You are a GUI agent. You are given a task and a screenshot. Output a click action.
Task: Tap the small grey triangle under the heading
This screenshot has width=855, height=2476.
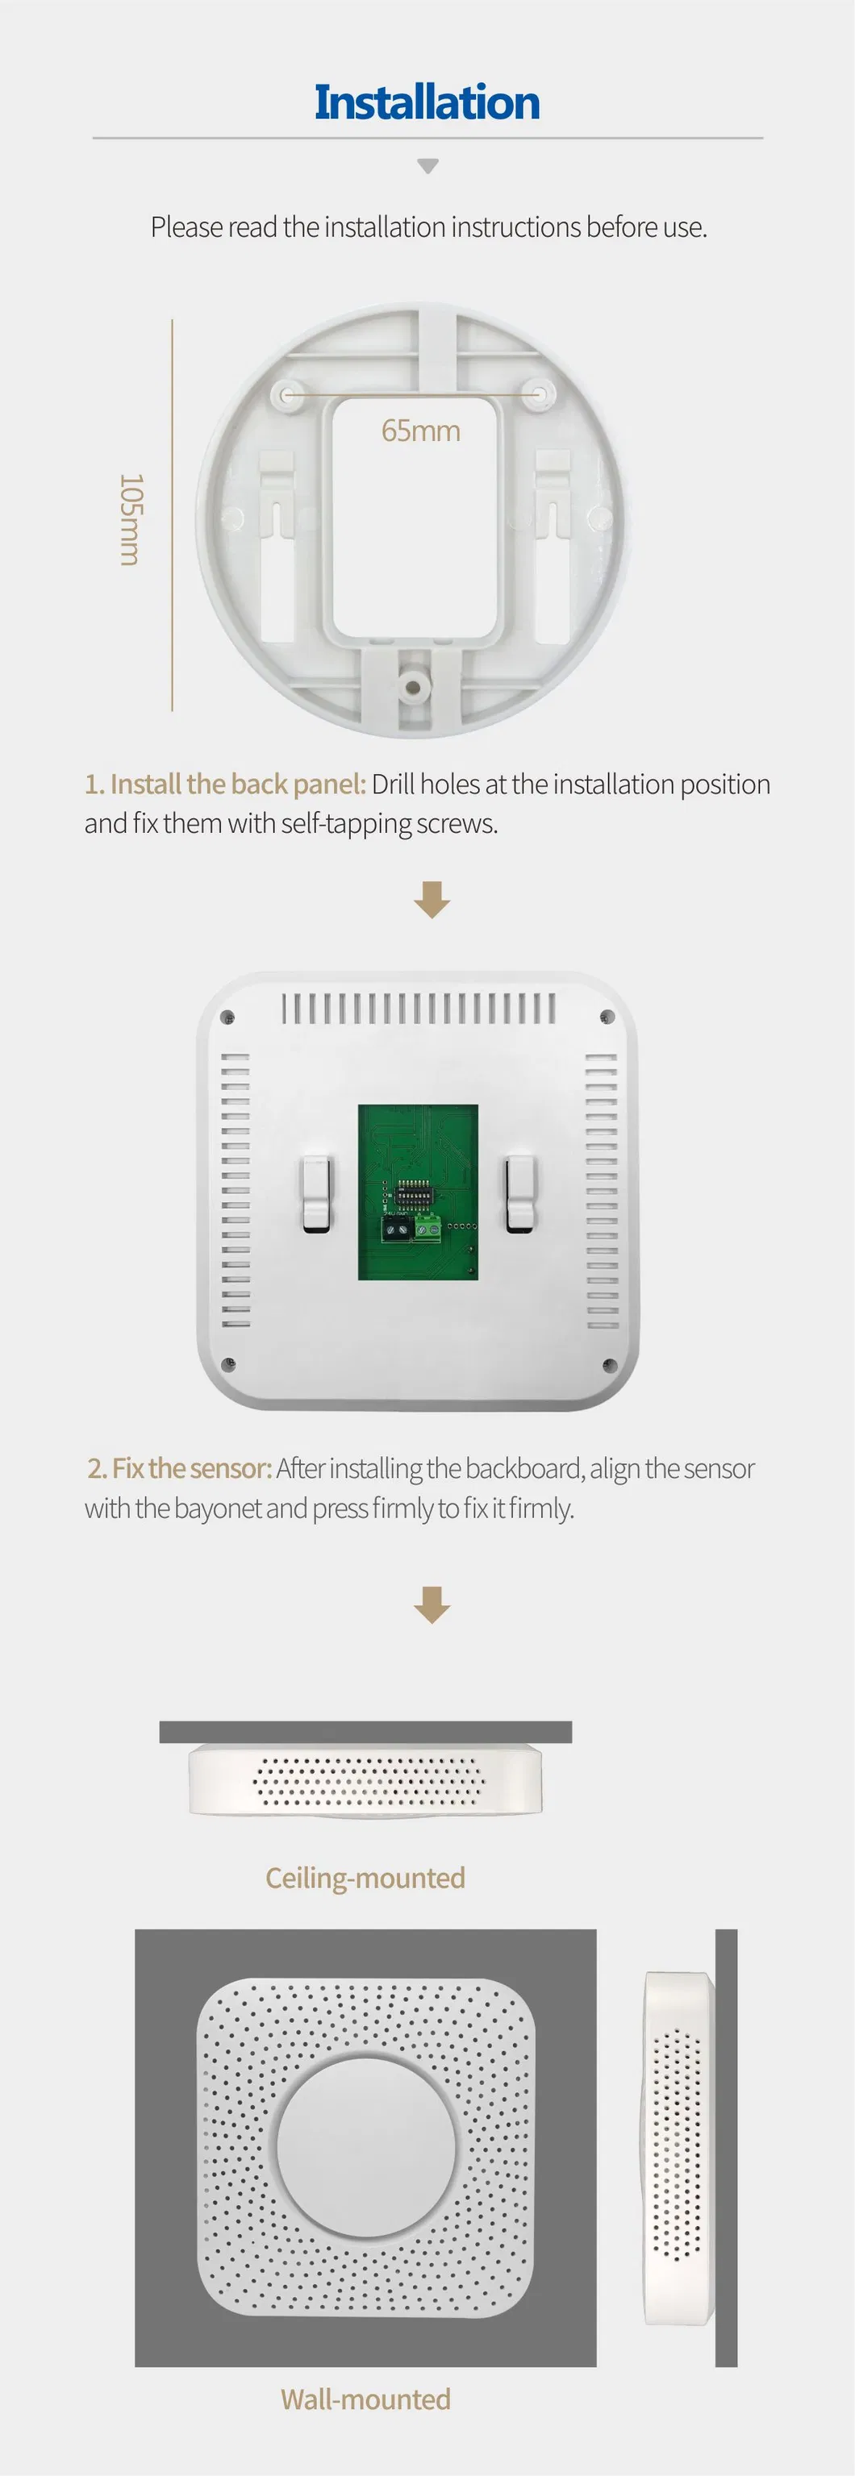click(x=428, y=166)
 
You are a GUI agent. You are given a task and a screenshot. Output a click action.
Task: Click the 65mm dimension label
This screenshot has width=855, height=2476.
click(x=420, y=431)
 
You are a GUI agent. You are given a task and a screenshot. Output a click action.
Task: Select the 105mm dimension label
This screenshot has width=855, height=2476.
click(x=131, y=519)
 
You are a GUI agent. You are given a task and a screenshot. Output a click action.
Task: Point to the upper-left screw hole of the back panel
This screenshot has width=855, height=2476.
click(x=285, y=393)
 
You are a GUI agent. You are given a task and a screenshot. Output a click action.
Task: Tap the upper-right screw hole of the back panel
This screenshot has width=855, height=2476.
click(x=542, y=393)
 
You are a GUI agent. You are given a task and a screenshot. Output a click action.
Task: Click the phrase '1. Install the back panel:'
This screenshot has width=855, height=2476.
click(x=225, y=784)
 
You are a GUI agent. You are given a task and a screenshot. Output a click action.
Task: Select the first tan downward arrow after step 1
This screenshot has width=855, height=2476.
click(x=432, y=900)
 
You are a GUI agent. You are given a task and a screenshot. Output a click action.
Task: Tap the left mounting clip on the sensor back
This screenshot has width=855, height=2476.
click(x=316, y=1194)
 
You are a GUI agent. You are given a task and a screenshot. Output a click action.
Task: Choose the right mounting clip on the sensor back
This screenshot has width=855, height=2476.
click(x=521, y=1194)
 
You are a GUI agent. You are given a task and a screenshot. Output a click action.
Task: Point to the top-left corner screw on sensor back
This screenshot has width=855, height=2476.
click(x=228, y=1017)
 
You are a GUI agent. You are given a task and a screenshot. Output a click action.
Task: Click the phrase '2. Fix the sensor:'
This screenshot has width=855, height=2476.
click(x=179, y=1469)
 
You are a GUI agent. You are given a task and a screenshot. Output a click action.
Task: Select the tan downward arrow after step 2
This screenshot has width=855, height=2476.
click(x=432, y=1604)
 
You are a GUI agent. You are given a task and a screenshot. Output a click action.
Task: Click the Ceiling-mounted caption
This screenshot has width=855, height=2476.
click(x=365, y=1878)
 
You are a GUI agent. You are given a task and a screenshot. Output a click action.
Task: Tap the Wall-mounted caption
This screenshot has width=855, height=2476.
click(x=365, y=2399)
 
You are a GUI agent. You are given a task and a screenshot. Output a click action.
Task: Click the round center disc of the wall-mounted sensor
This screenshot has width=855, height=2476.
click(x=366, y=2147)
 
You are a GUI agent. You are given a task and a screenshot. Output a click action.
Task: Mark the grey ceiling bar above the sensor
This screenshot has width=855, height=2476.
click(x=365, y=1732)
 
